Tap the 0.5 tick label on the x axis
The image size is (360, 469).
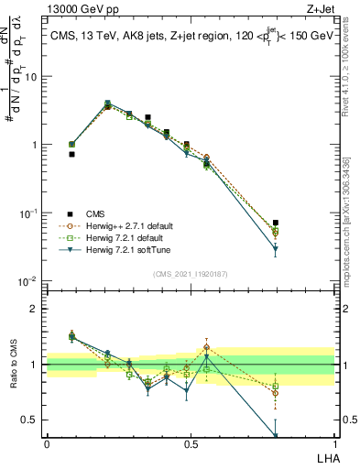tap(190, 444)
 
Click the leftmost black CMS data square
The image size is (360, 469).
tap(71, 155)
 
